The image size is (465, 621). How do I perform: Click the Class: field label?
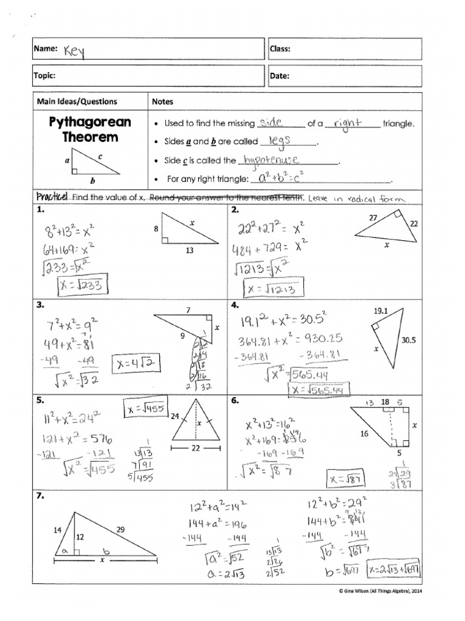point(283,49)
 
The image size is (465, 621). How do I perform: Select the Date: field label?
point(282,76)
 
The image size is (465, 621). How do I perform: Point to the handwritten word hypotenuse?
point(270,160)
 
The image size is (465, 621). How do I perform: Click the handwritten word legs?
point(280,141)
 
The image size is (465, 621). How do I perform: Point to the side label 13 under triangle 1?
point(190,250)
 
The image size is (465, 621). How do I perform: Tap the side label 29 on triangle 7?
point(120,529)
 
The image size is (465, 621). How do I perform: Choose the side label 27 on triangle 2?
point(372,217)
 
